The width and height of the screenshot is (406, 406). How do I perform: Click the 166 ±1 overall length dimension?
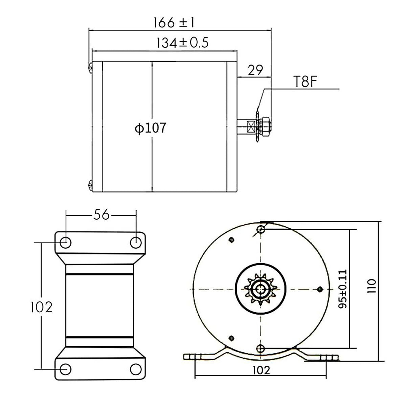(174, 23)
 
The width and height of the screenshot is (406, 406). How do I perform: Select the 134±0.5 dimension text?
(182, 43)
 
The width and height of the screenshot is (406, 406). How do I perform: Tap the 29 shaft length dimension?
(255, 70)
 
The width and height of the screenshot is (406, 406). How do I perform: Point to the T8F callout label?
(305, 82)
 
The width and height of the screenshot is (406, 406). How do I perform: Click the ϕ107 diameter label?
(151, 128)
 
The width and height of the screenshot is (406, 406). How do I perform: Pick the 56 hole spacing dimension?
(101, 215)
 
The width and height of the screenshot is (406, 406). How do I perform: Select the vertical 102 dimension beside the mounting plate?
(42, 307)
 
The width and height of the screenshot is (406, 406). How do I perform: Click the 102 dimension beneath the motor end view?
(261, 370)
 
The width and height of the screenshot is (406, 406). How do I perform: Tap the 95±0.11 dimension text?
(342, 289)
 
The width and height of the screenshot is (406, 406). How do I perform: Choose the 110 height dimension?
(371, 286)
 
